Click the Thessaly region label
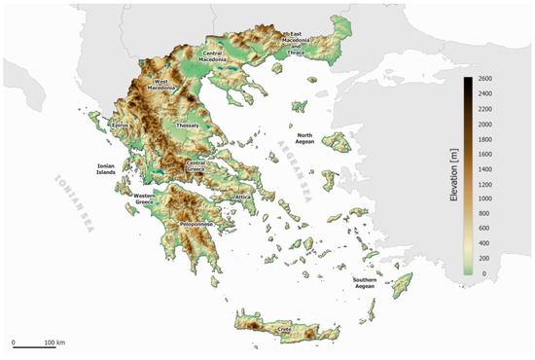[x=187, y=126]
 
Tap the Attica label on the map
[x=243, y=198]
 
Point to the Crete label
[x=285, y=330]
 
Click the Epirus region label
[x=121, y=126]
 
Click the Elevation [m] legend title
[x=453, y=176]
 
